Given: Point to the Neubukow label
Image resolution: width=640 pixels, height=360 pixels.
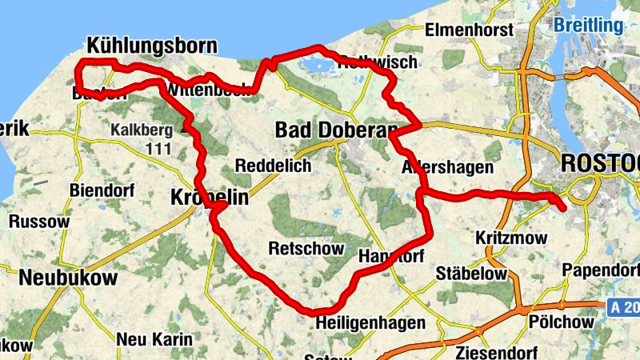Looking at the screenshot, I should coord(67,278).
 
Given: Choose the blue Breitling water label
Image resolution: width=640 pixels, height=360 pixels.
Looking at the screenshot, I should coord(588,26).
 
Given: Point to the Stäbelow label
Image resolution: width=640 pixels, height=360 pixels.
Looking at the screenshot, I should coord(471,274).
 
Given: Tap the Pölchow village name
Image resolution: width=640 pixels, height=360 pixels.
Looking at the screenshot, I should coord(562,322).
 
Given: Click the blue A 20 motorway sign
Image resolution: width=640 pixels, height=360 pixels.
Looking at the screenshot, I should coord(623,307).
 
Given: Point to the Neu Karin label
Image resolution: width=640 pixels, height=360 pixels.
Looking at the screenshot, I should coord(154,339).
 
